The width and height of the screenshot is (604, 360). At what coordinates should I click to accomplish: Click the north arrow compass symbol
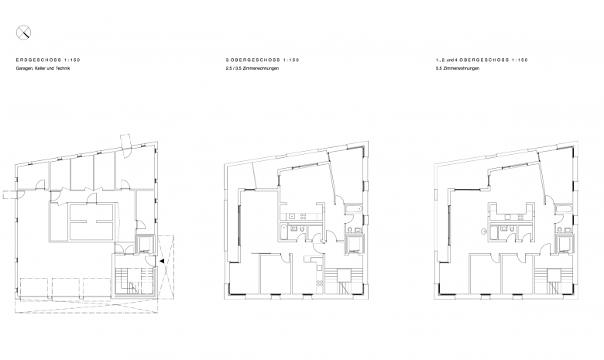point(23,33)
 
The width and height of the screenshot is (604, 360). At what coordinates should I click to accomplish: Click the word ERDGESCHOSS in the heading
point(39,60)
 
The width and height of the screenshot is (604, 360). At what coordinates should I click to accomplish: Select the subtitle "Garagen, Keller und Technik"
point(43,69)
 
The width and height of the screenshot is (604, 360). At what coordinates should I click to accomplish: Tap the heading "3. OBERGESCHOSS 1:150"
point(263,60)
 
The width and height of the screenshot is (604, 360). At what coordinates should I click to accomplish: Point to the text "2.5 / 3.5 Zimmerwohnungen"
point(252,69)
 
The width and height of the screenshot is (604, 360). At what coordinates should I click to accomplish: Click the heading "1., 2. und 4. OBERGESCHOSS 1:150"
point(482,60)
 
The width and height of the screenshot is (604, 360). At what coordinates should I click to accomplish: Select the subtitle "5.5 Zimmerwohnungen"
point(458,69)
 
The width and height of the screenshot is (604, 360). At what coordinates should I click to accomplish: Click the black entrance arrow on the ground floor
point(162,261)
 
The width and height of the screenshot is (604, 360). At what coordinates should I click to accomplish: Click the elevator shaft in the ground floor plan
point(145,244)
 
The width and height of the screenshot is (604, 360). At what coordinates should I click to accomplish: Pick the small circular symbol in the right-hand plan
point(484,231)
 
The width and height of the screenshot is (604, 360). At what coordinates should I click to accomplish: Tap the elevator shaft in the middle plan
point(355,243)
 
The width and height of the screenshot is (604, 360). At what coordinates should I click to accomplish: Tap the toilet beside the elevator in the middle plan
point(350,231)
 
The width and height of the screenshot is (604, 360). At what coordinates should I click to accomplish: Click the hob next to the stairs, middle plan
point(319,283)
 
